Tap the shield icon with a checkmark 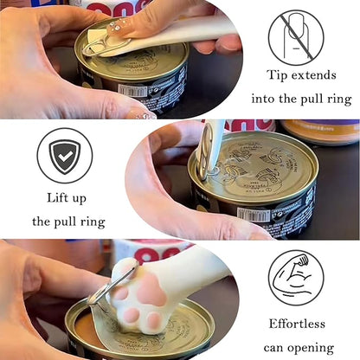point(64,157)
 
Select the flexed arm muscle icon point(295,275)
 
